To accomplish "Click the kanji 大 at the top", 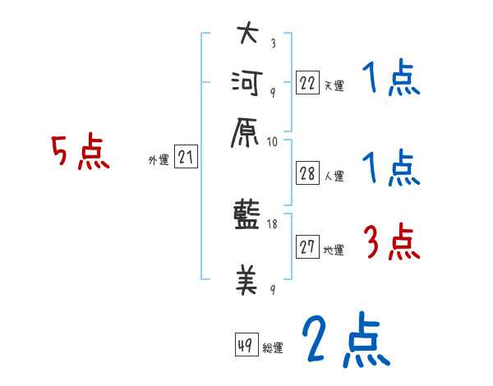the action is point(248,33).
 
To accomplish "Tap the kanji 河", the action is point(247,83).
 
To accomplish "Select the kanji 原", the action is point(245,133).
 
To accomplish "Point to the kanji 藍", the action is point(246,214).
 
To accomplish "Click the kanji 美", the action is point(246,279).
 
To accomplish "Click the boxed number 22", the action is point(307,83).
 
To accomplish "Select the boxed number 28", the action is point(307,173).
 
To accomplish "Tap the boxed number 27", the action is point(307,246).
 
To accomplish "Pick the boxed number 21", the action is point(186,156).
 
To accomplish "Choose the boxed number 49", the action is point(246,344).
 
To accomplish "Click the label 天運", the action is point(334,85).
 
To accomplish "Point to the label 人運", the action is point(334,176).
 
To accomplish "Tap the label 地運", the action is point(334,250).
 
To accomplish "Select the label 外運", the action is point(159,160).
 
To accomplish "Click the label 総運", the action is point(273,347).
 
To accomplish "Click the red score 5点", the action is point(81,151).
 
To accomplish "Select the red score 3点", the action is point(392,241).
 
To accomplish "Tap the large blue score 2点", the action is point(346,339).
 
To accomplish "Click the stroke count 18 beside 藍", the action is point(272,224).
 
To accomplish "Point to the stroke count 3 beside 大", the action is point(274,43).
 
